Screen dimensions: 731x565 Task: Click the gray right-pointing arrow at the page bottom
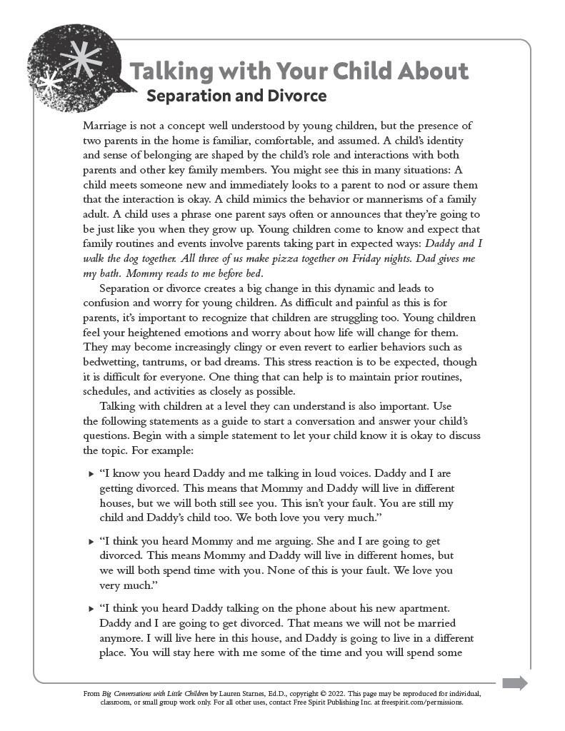(514, 683)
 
